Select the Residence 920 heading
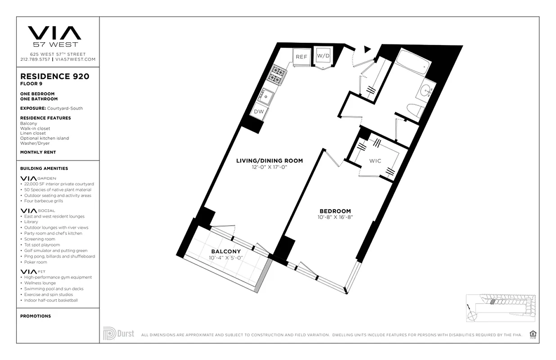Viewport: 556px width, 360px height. [x=54, y=76]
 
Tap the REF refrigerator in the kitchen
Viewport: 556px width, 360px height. [x=301, y=57]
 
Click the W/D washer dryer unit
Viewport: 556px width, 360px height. [x=323, y=56]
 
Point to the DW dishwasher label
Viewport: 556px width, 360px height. [x=259, y=111]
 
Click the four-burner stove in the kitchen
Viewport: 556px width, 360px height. [x=278, y=74]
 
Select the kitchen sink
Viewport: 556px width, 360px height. [x=267, y=95]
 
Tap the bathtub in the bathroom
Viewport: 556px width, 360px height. [x=411, y=64]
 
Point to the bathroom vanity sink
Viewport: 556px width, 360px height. [x=426, y=91]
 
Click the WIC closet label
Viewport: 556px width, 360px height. [x=376, y=161]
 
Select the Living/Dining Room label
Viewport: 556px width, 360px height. [x=269, y=161]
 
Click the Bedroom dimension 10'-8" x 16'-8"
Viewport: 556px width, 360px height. [x=335, y=217]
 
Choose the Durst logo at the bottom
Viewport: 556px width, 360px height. [x=119, y=333]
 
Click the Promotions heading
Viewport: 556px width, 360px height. [x=36, y=316]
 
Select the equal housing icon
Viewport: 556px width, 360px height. [x=534, y=334]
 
